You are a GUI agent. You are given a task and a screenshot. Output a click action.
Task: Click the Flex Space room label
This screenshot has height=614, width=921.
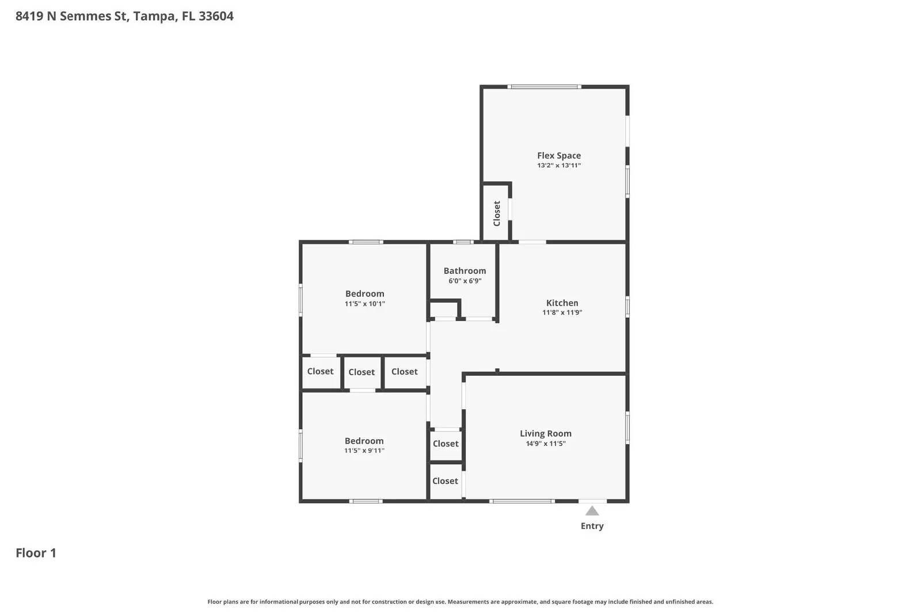(558, 155)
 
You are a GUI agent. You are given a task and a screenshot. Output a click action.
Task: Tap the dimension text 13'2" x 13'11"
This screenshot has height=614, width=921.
(558, 166)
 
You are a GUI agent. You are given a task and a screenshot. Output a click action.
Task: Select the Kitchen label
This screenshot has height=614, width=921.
(562, 303)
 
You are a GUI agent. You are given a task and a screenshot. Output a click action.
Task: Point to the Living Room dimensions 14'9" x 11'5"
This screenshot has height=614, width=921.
(545, 444)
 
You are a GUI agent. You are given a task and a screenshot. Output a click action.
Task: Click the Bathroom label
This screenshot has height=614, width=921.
(465, 270)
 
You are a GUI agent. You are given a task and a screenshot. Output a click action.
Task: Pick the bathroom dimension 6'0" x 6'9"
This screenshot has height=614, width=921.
(465, 281)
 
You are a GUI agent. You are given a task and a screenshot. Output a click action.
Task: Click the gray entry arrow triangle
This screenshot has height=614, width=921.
(592, 511)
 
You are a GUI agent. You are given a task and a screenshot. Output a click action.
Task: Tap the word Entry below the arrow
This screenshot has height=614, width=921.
(592, 526)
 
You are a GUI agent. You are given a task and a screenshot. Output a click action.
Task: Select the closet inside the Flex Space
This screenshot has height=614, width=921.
(496, 213)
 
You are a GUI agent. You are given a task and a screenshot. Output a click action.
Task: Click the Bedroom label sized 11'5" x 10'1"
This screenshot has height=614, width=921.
(364, 293)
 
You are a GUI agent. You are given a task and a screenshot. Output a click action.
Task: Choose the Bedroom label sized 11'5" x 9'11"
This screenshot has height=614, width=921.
(364, 441)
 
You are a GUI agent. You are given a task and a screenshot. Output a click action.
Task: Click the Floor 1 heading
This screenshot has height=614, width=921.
(36, 553)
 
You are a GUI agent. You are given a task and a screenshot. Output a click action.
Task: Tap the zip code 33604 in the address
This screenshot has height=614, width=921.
(216, 16)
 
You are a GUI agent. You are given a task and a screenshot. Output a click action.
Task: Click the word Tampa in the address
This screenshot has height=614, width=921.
(154, 16)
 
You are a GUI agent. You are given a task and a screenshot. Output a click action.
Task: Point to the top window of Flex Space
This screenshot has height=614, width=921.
(544, 87)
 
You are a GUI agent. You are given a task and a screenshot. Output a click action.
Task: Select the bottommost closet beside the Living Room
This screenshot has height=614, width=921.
(445, 481)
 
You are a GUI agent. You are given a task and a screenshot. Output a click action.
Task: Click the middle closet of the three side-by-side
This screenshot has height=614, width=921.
(361, 372)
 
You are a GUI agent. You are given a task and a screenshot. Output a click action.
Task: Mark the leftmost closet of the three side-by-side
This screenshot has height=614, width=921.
(320, 372)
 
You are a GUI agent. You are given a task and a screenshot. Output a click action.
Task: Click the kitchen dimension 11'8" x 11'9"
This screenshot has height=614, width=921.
(562, 313)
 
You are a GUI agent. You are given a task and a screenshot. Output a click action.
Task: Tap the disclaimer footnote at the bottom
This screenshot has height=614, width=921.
(460, 602)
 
